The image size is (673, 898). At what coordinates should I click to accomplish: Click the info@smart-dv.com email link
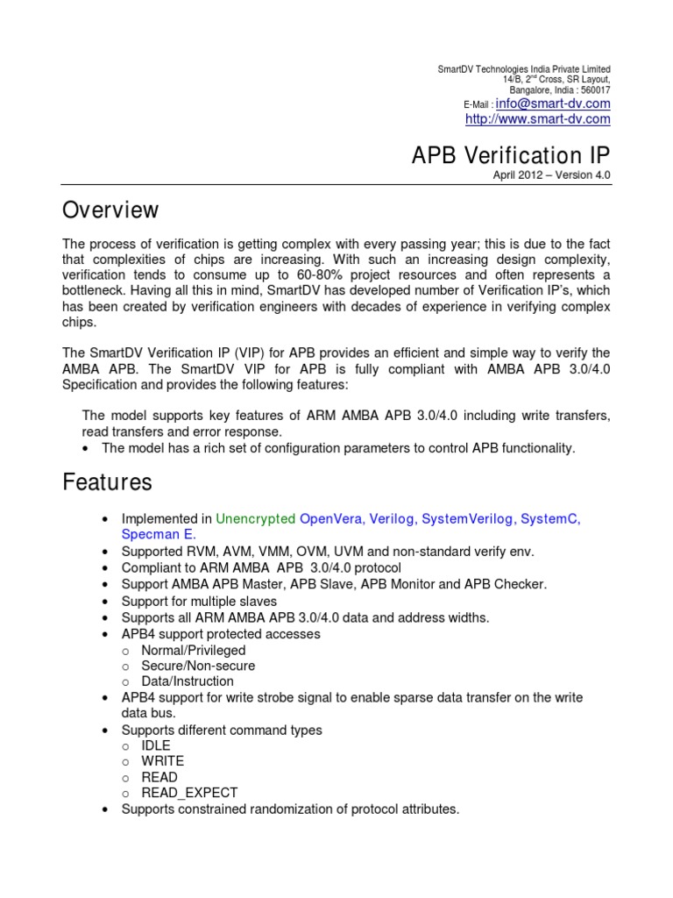coord(548,103)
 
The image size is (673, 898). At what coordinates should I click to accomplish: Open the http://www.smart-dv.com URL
coord(537,119)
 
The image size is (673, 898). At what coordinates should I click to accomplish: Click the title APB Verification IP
coord(511,155)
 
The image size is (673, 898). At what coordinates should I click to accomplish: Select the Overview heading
coord(110,210)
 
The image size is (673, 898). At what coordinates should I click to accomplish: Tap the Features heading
coord(107,482)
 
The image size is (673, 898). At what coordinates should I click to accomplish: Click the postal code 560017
coord(593,90)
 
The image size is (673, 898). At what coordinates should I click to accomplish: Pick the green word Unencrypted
coord(255,519)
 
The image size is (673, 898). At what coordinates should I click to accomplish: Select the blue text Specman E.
coord(159,534)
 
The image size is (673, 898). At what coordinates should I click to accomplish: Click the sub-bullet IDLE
coord(156,745)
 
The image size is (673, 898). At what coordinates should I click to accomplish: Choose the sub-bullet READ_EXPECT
coord(189,793)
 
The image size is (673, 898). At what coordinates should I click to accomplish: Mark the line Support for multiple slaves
coord(199,602)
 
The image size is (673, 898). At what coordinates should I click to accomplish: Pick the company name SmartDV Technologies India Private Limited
coord(524,69)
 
